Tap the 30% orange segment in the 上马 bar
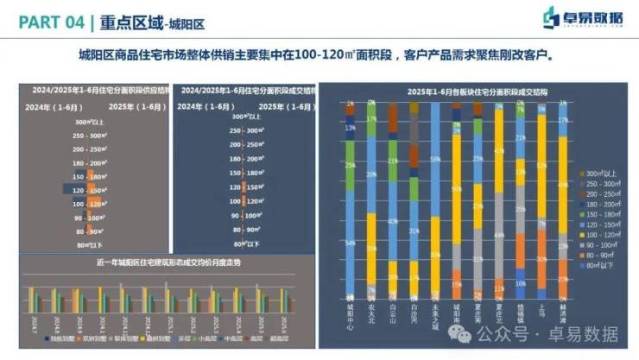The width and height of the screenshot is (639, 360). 542,259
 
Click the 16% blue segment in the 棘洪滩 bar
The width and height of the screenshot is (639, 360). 521,281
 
